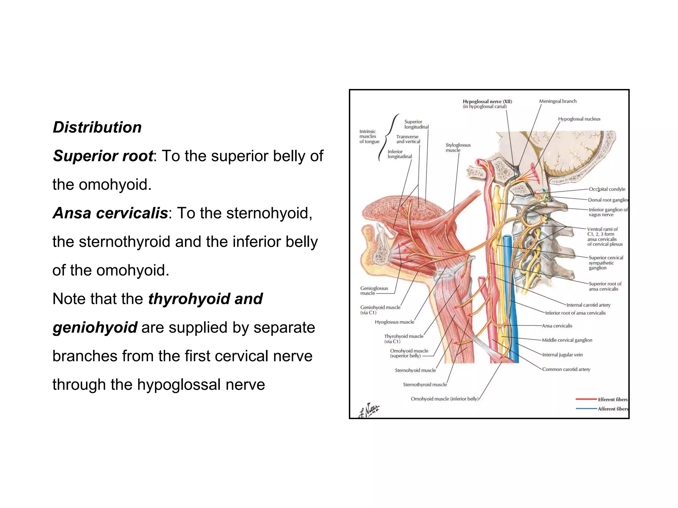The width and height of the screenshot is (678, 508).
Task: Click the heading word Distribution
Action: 97,127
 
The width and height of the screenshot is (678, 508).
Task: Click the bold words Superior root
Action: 103,156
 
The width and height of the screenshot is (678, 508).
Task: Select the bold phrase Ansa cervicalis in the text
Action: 110,213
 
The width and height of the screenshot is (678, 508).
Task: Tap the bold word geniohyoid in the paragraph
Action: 95,327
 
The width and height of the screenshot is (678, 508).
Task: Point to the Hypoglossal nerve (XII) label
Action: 487,102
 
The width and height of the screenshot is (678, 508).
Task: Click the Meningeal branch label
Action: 557,101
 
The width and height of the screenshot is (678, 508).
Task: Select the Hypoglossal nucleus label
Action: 579,119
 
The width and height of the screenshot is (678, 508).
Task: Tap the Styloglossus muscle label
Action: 458,148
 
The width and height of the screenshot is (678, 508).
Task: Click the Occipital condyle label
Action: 607,189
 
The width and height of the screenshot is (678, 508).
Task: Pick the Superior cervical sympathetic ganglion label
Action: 605,263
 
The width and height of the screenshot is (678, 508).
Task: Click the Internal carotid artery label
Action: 588,305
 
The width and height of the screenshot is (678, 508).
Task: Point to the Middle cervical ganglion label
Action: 567,340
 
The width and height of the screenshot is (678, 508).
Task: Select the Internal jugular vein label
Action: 562,355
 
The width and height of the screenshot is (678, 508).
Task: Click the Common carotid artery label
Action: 566,369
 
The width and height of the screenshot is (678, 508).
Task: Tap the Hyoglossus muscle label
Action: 394,322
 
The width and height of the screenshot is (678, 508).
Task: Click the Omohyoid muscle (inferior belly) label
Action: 445,399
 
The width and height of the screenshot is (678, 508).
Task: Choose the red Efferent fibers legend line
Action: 586,400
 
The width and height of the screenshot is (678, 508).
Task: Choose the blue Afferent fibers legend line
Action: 586,409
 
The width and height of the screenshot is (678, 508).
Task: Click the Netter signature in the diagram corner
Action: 369,411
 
